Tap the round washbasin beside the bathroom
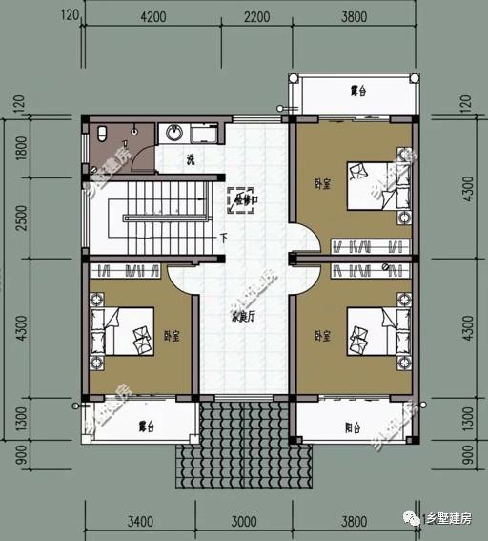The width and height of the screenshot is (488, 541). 174,133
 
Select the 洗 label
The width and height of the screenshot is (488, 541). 191,159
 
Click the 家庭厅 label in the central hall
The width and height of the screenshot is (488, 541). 244,318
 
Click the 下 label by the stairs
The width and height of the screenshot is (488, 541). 223,238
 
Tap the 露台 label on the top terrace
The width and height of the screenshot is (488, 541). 358,92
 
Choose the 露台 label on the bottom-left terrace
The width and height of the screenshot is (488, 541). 146,426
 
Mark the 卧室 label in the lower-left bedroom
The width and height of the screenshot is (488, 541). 173,336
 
